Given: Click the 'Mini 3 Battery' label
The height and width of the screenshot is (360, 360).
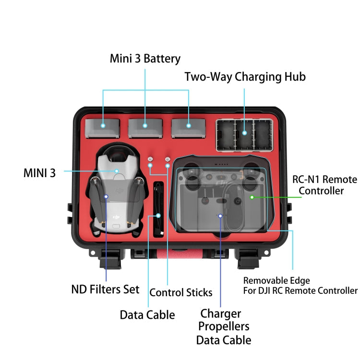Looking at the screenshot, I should [145, 59].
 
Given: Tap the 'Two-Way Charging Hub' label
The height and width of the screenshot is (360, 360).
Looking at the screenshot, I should [245, 77].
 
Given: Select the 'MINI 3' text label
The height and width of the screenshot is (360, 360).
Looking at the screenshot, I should [39, 173].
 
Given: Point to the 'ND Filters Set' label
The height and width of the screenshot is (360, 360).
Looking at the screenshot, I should [105, 289].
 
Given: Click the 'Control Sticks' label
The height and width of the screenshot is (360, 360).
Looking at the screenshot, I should [181, 292].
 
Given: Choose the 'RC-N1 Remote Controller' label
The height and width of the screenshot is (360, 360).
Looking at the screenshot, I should [324, 185].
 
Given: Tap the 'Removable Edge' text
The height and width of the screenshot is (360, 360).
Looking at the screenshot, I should [276, 281].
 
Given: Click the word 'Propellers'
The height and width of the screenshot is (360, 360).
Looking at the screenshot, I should [224, 327].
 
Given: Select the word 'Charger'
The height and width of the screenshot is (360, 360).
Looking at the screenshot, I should [221, 314].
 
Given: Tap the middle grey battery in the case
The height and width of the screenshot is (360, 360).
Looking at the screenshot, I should [145, 128].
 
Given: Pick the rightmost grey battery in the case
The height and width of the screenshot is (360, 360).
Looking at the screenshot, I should [188, 128].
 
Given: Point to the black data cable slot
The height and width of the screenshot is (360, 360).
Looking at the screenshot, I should [158, 209].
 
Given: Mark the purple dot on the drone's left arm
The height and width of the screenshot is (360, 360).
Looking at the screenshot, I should [106, 196].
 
